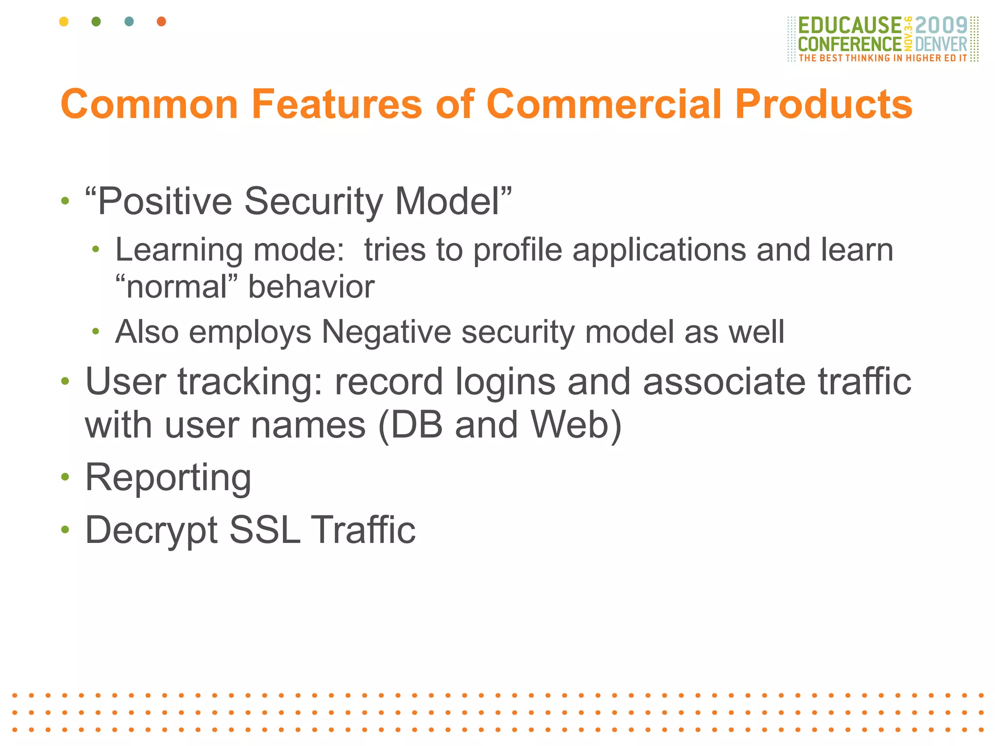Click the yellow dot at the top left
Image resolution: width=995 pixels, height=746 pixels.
pos(64,21)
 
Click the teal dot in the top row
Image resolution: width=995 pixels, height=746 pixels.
pos(129,21)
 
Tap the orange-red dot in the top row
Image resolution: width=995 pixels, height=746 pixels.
pos(162,21)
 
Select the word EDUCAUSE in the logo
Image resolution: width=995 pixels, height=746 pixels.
pos(849,25)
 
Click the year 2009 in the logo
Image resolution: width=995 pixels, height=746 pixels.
pos(941,25)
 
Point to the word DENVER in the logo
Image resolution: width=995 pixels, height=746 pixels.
pos(941,44)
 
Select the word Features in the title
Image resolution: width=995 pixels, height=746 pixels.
pos(337,104)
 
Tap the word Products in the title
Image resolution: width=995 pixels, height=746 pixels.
pos(823,104)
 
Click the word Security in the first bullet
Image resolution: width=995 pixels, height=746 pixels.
pos(313,201)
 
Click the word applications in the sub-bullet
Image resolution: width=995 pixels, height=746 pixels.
pos(659,251)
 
